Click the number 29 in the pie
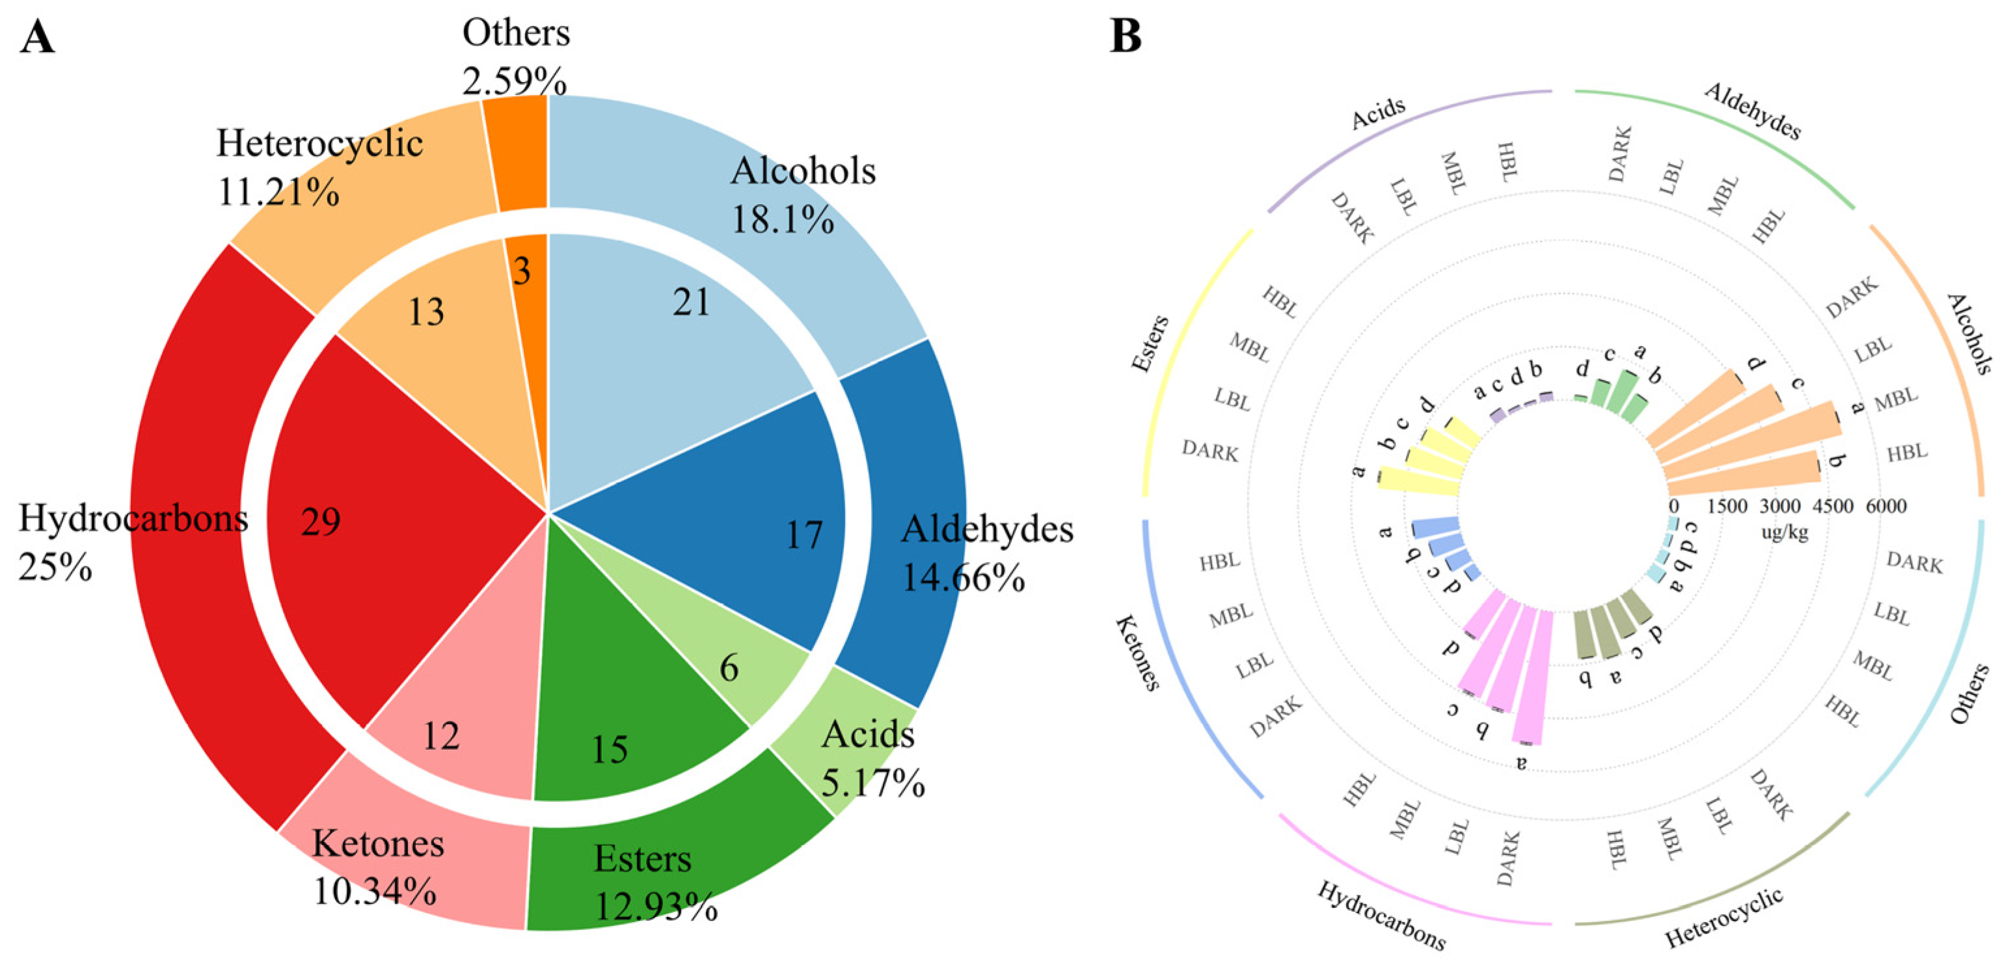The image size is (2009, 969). click(321, 522)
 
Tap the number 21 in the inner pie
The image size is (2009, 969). click(692, 302)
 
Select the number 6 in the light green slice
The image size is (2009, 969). click(729, 668)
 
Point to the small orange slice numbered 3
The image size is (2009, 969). click(522, 271)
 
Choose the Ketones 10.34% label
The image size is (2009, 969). click(377, 866)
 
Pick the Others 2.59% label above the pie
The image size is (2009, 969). click(515, 56)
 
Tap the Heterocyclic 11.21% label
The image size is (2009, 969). click(319, 166)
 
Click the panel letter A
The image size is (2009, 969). click(38, 36)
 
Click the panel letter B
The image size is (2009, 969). click(1125, 36)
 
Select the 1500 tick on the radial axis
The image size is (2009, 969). click(1727, 506)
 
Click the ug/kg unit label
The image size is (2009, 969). click(1785, 533)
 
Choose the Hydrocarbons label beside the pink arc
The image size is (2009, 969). click(1381, 916)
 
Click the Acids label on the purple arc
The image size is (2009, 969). click(1378, 114)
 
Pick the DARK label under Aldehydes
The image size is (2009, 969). click(1620, 154)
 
